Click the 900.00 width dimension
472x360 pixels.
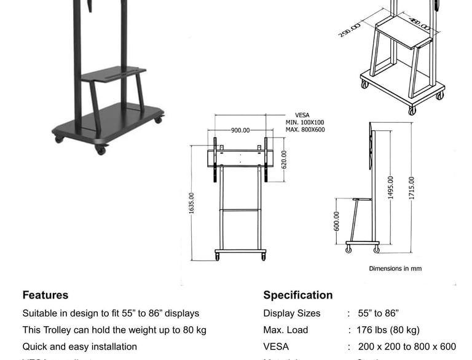point(240,130)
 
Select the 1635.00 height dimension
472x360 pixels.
point(191,203)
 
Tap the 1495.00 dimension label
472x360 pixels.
point(390,187)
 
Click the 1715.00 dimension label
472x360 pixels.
point(411,188)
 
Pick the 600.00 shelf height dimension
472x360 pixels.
point(336,222)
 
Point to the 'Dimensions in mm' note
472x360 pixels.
point(395,268)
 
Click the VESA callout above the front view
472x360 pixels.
point(302,115)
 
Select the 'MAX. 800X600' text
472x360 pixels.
point(305,130)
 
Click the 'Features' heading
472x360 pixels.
point(45,295)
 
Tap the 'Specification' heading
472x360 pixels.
point(298,295)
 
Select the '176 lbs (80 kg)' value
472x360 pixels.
point(388,330)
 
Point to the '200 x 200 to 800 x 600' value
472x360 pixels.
point(406,346)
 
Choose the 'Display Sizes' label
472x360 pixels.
point(292,313)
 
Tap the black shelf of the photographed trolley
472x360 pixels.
point(114,74)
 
